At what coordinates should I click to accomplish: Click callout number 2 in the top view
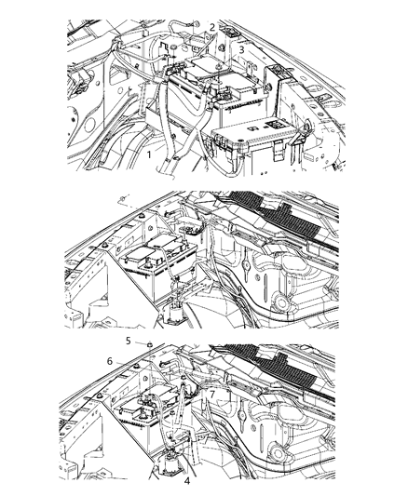tap(212, 27)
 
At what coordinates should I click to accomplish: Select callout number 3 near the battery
tap(240, 48)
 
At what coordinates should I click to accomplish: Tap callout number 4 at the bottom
tap(186, 481)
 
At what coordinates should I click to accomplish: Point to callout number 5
tap(129, 342)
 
